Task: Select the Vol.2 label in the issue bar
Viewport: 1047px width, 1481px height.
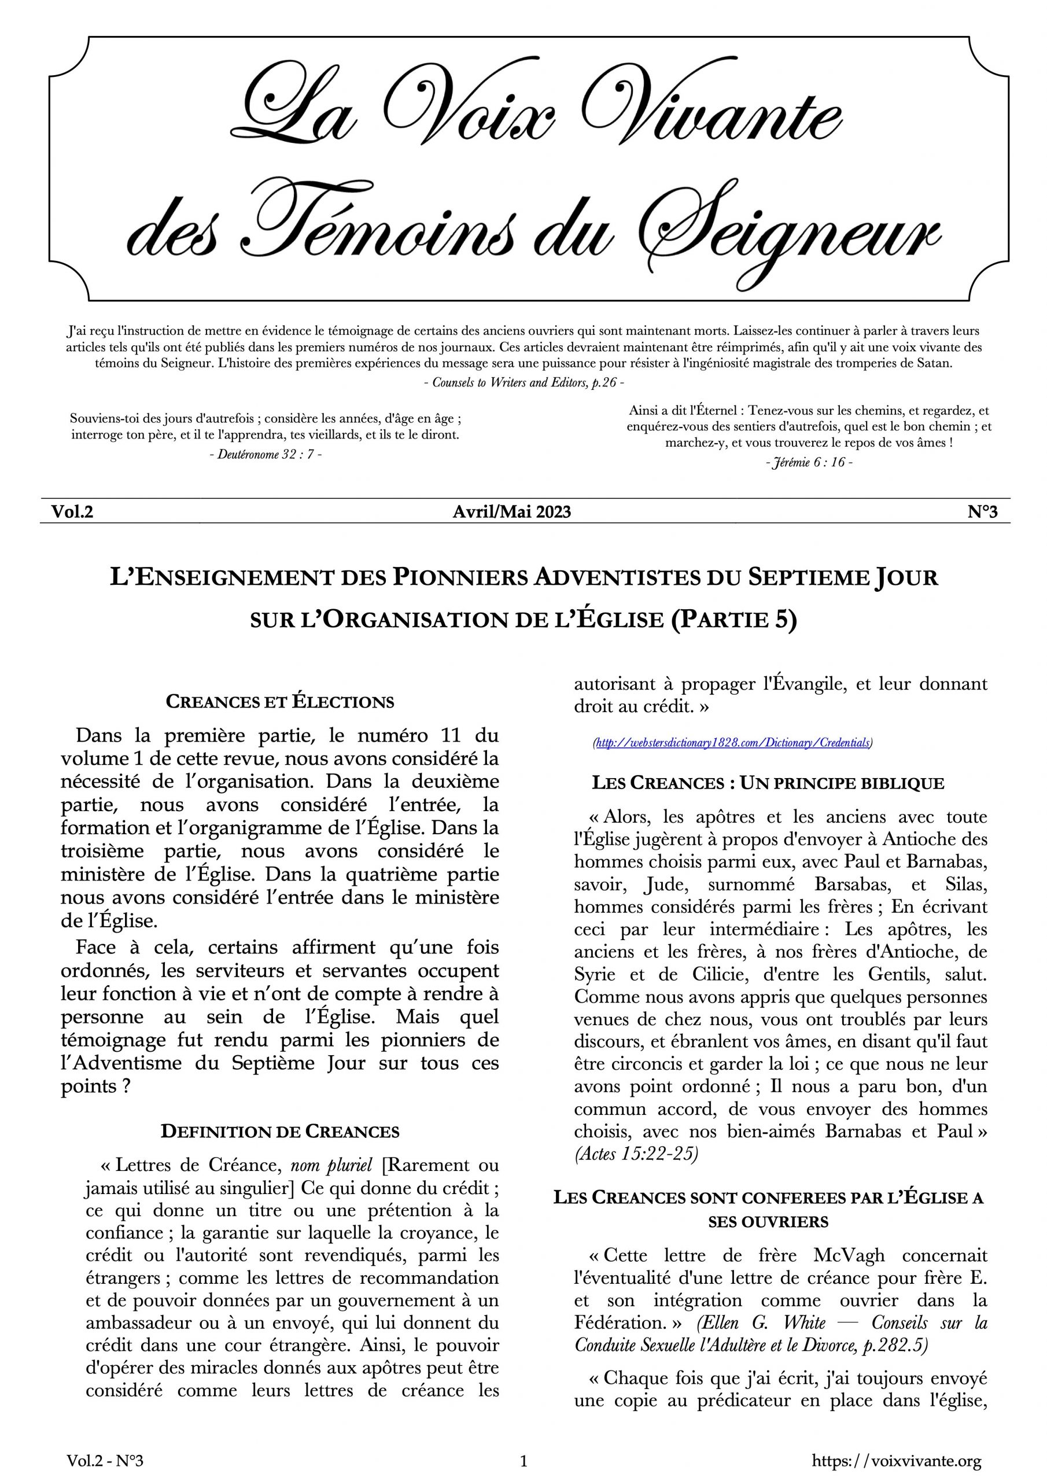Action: pos(72,511)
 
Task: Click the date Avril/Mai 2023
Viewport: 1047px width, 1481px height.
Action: pos(511,511)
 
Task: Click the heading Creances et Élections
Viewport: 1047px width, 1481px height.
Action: pos(279,702)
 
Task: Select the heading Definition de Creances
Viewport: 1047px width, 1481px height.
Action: pos(279,1132)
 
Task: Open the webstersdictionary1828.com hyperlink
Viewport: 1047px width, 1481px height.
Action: pos(732,742)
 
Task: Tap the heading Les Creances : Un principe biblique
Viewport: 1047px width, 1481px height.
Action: pos(768,783)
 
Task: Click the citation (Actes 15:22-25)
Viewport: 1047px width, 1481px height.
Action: pos(636,1154)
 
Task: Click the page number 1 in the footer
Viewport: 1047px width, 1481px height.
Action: pos(523,1461)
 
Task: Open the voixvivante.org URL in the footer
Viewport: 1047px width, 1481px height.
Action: pos(897,1461)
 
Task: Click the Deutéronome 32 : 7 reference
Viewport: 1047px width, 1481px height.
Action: pos(266,454)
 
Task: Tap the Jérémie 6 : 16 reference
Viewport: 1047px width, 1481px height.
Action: pos(809,462)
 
